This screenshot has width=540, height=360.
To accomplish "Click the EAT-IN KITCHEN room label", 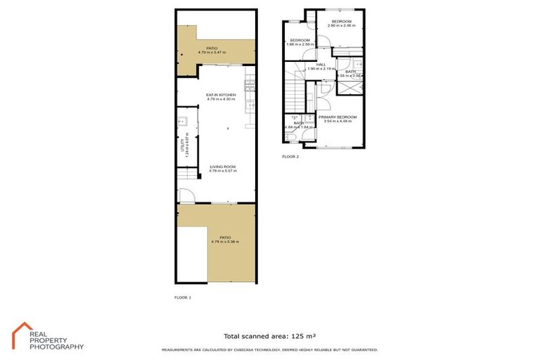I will tap(216, 94).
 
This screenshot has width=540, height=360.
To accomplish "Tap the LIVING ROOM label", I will tap(223, 166).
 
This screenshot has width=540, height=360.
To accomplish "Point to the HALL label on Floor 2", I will tap(321, 64).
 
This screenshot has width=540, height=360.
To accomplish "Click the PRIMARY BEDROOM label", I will tap(337, 117).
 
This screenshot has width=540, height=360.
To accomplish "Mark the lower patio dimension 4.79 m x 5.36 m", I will tap(224, 242).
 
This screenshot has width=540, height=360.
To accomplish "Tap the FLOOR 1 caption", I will tap(182, 297).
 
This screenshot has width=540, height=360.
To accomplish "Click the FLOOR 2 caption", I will tap(290, 156).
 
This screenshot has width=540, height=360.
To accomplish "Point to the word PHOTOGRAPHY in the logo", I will tap(56, 347).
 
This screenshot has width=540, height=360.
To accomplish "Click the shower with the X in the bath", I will tap(349, 88).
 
